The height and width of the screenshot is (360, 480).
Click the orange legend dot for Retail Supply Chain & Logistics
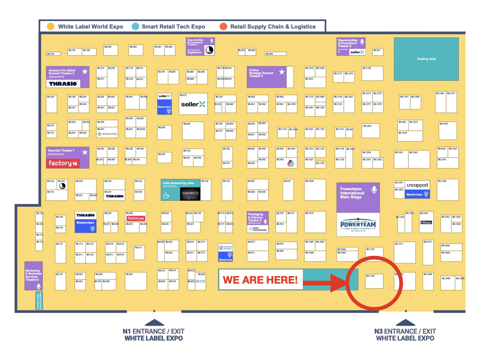[224, 27]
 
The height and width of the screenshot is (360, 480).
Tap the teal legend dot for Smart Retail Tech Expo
[135, 27]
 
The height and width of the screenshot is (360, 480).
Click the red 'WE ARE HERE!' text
[260, 280]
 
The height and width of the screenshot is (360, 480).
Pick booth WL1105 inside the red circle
[374, 281]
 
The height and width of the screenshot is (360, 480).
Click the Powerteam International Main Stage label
[351, 193]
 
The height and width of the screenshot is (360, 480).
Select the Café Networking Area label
[178, 184]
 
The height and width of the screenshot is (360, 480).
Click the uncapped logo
[417, 185]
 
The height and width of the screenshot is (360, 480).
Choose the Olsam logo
[426, 223]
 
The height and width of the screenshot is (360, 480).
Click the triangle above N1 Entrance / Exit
[154, 322]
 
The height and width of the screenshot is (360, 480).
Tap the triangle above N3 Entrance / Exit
[405, 322]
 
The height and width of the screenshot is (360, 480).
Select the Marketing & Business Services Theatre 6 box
[33, 276]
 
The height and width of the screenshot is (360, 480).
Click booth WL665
[193, 131]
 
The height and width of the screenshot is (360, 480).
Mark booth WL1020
[315, 190]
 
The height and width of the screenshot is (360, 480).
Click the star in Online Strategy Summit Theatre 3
[282, 72]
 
